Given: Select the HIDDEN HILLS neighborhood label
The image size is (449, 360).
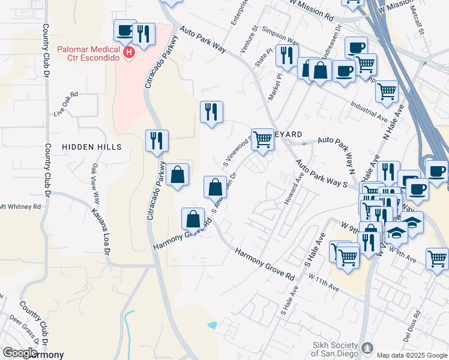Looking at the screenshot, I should tap(91, 147).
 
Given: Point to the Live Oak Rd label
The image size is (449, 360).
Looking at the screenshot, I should tap(66, 104).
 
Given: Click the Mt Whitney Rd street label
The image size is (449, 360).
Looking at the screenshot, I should tap(20, 206).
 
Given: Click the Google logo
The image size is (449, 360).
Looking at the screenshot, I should tap(19, 353).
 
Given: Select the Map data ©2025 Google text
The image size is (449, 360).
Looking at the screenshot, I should tap(411, 355).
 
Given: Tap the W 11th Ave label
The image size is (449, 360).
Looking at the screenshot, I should tap(324, 283).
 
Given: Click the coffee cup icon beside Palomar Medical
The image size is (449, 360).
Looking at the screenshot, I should tap(125, 30).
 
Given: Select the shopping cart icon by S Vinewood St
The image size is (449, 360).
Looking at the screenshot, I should tap(262, 139).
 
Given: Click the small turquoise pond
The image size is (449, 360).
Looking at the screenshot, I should tap(212, 325).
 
